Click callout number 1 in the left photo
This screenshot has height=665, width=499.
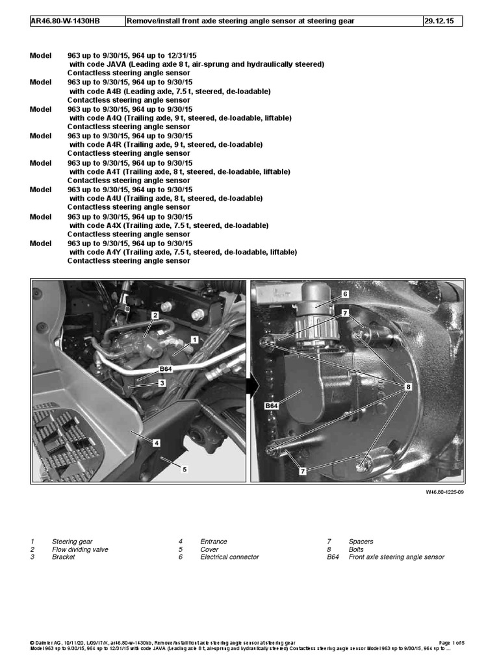tap(194, 340)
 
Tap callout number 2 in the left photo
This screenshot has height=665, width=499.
tap(155, 316)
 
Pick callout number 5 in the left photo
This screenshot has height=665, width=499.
tap(185, 468)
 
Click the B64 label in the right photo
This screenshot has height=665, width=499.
tap(272, 406)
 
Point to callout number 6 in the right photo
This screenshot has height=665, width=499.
tap(345, 294)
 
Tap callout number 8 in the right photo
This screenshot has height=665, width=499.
tap(407, 386)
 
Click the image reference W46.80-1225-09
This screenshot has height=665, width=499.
tap(444, 492)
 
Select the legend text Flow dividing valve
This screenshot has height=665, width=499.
tap(80, 549)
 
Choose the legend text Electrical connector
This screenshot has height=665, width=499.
tap(229, 557)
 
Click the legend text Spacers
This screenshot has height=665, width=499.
tap(361, 542)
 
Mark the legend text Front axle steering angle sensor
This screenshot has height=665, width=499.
tap(396, 557)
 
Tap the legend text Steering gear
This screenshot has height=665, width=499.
tap(72, 542)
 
